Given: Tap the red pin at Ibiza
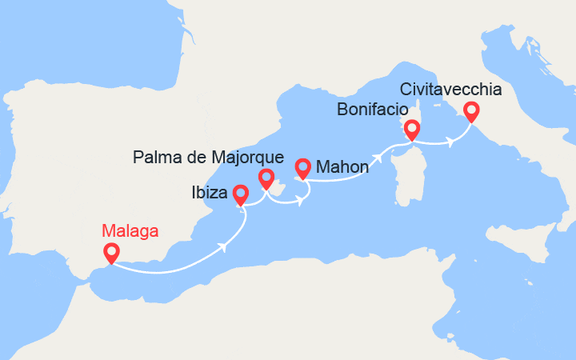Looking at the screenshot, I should pos(240,194).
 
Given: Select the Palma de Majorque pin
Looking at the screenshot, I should pos(266,178).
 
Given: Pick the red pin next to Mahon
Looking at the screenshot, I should pos(302,168).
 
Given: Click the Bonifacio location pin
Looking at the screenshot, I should pos(412,129).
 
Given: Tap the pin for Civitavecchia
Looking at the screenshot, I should pos(471,111).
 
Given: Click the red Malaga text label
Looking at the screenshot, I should pos(130,231).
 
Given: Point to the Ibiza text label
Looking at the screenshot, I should pos(210,192).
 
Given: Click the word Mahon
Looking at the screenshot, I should pos(342,167).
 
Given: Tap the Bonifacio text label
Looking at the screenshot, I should pos(373,109).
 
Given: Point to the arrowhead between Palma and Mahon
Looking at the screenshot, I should pos(299,201).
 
